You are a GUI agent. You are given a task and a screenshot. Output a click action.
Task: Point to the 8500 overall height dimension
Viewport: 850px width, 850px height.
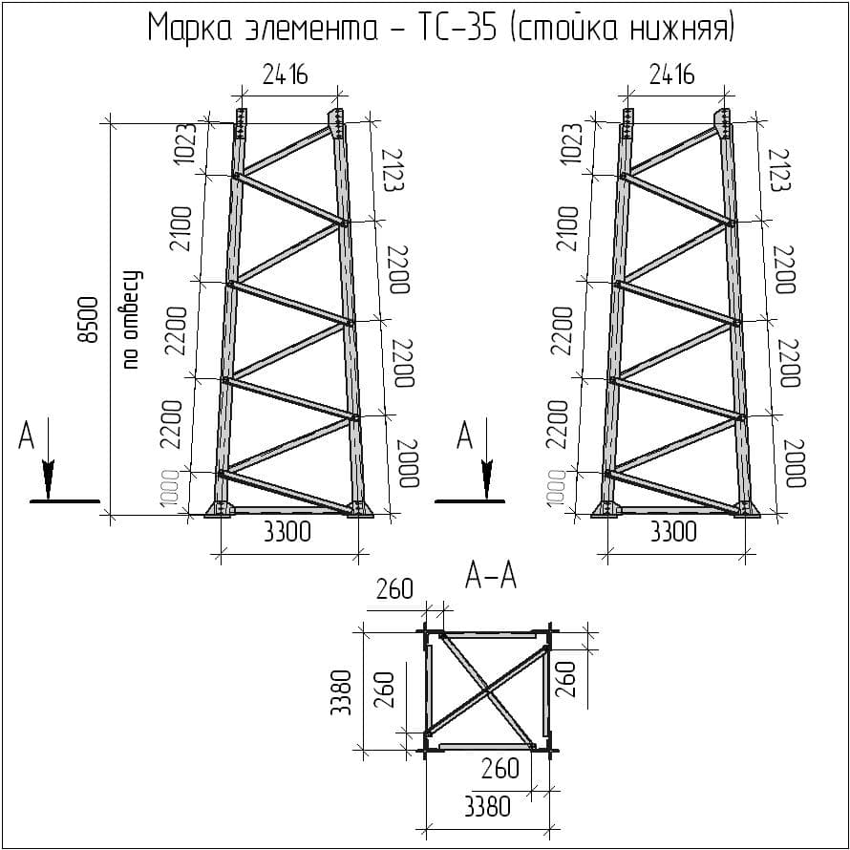(88, 320)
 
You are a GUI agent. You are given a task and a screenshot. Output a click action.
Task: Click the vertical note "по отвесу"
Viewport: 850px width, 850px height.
(131, 320)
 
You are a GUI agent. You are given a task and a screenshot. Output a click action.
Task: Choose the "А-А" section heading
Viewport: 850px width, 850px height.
(490, 575)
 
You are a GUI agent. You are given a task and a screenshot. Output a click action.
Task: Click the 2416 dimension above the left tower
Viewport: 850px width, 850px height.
(286, 74)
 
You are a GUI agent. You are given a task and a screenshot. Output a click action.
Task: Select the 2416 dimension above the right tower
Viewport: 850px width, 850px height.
(671, 74)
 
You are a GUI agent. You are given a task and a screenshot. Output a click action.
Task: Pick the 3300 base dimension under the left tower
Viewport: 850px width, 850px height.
(287, 532)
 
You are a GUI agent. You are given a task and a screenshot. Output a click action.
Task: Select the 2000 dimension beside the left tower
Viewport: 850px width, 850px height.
(409, 464)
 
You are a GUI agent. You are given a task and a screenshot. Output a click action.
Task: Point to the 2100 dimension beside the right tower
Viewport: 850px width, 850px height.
(568, 228)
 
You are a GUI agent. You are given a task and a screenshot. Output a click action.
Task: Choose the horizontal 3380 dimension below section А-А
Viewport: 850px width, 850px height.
(487, 807)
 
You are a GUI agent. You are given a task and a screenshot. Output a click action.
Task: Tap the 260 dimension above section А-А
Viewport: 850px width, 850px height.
(394, 589)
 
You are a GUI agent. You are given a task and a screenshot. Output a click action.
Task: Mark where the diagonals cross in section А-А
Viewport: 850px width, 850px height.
(486, 689)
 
